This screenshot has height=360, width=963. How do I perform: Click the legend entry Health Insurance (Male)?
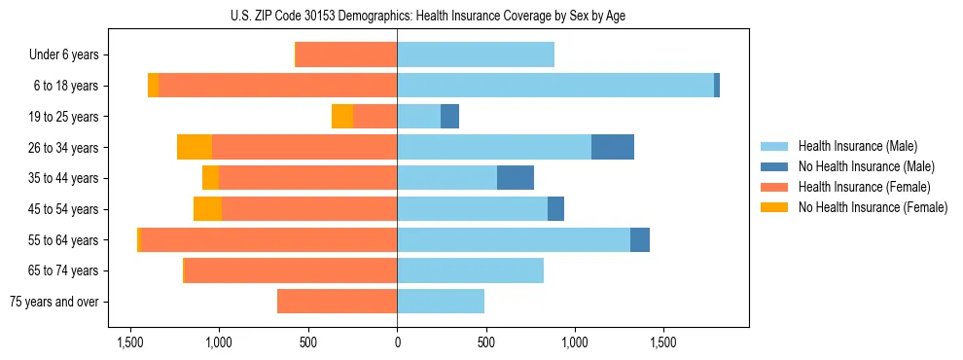coord(856,146)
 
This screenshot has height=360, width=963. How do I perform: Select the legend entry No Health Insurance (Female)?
coord(873,207)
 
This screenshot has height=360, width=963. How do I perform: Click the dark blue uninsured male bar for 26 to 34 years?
coord(613,147)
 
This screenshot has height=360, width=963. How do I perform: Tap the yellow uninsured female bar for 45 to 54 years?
coord(207,209)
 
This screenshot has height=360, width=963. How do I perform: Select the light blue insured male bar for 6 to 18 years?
coord(555,86)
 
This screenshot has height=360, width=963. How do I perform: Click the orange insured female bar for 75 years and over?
coord(337,302)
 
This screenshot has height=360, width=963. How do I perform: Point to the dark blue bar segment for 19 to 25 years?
coord(449,117)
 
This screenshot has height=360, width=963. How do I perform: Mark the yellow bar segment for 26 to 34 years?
coord(195,147)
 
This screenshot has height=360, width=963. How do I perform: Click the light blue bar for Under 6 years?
coord(476,55)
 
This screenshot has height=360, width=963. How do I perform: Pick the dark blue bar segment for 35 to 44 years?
coord(516,178)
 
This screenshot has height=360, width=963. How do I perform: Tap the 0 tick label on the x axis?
coord(397,343)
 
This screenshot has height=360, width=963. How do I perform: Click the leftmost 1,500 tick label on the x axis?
coord(130,343)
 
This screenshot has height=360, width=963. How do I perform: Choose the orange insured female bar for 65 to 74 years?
coord(291,270)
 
